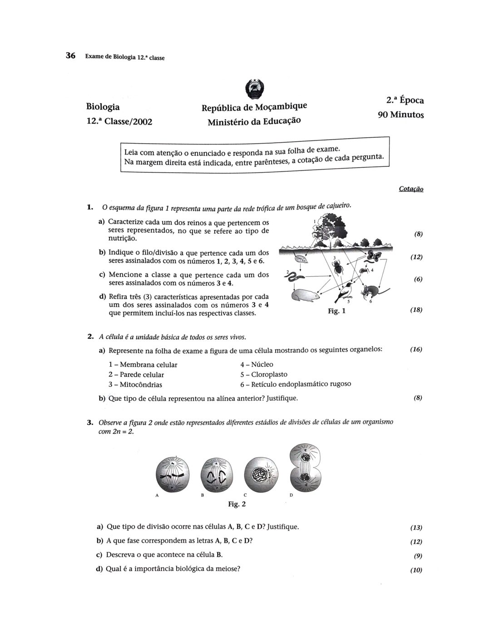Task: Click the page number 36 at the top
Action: point(70,55)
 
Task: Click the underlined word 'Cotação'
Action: point(411,189)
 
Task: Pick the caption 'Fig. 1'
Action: point(336,311)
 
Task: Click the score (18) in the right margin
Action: point(416,310)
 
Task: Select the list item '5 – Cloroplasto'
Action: point(264,374)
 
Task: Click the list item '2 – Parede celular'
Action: point(136,375)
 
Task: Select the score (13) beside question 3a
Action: point(416,528)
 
